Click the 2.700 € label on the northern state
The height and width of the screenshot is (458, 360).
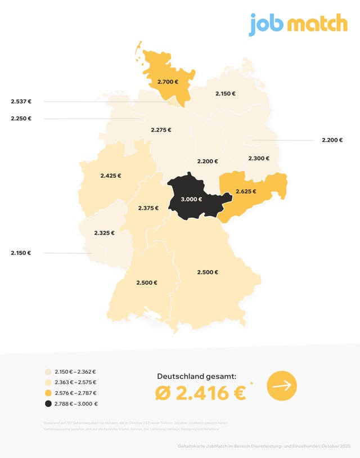[x=168, y=82]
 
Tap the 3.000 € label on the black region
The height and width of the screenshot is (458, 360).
[x=191, y=199]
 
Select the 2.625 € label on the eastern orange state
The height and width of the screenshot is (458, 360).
[x=246, y=191]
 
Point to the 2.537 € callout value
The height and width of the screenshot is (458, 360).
[x=21, y=102]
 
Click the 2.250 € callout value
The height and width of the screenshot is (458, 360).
[x=21, y=119]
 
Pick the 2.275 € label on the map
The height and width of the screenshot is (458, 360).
[x=161, y=130]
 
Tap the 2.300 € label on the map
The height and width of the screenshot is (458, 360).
[x=259, y=158]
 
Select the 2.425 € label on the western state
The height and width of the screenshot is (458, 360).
[x=111, y=176]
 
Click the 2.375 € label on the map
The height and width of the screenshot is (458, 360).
[x=148, y=208]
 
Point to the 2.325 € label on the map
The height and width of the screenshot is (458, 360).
[x=104, y=232]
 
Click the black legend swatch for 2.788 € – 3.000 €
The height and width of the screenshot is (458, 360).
[x=48, y=403]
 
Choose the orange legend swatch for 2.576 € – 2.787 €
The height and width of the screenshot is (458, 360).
[x=48, y=393]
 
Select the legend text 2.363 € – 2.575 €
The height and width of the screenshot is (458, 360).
[x=76, y=382]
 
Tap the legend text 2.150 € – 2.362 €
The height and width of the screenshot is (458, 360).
[x=76, y=371]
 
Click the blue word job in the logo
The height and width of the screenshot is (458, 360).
[x=266, y=24]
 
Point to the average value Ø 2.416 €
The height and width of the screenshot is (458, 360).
[x=200, y=393]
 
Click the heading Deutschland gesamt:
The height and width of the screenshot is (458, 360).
[x=196, y=376]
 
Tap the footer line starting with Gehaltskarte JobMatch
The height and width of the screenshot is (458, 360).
[x=263, y=446]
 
